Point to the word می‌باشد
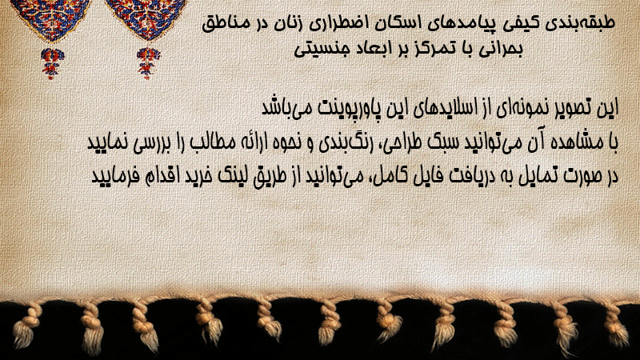click(286, 108)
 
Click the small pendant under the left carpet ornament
click(52, 63)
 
